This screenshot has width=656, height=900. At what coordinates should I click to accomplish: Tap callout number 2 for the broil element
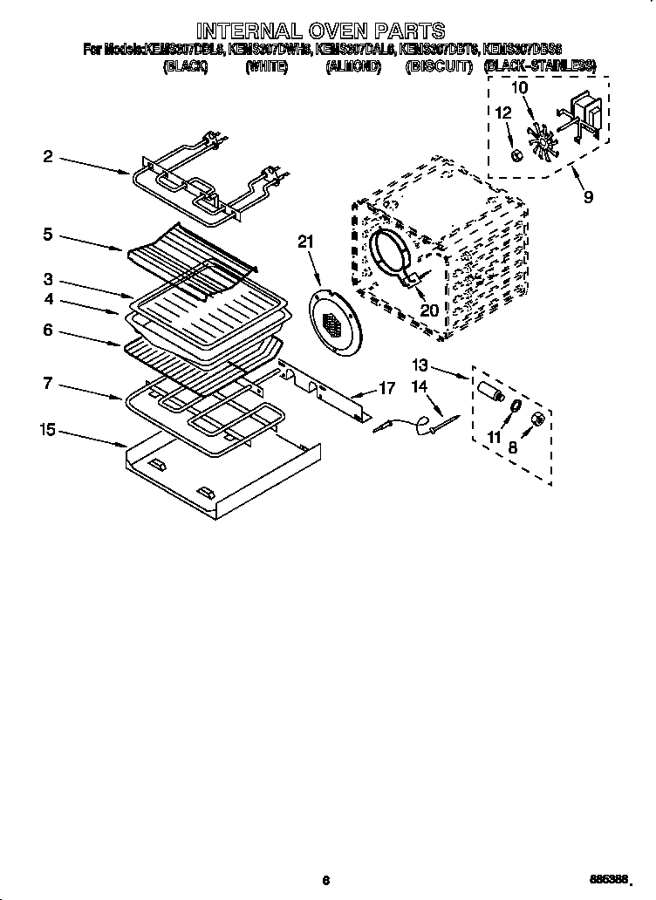pos(48,157)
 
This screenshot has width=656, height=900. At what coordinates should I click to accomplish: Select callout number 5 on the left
pos(48,234)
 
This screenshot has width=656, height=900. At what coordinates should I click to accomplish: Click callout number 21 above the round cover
pos(304,242)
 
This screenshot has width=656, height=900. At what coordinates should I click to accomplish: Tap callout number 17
pos(386,388)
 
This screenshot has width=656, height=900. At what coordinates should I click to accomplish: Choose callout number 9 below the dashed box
pos(588,197)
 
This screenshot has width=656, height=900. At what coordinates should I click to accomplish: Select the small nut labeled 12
pos(516,155)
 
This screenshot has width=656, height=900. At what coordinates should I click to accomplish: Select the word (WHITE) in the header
pos(267,66)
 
